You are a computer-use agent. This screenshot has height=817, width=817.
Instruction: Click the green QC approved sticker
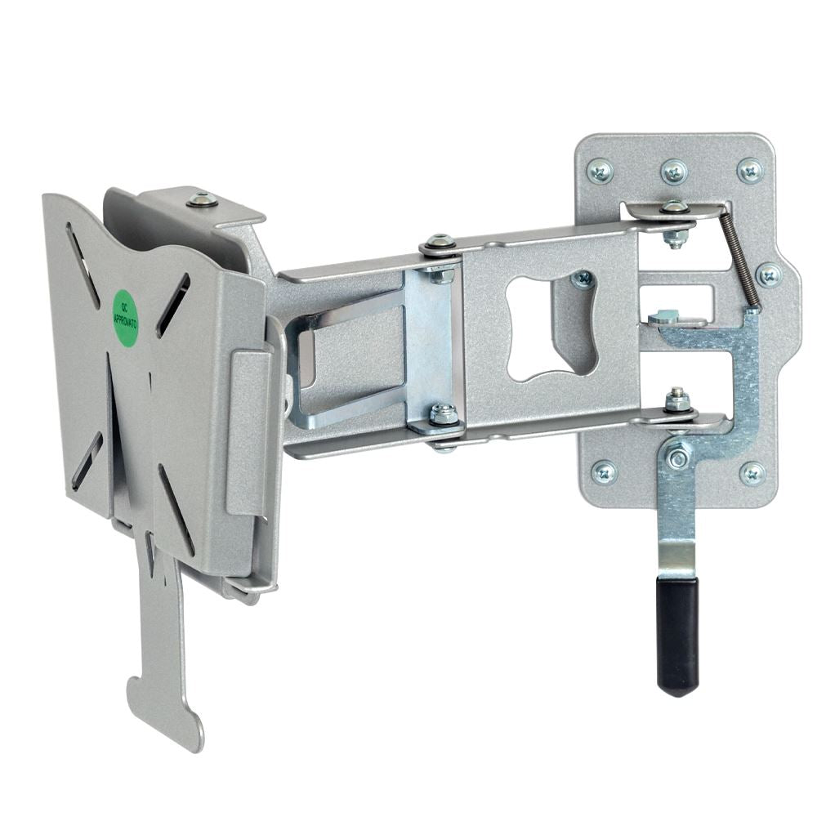(x=125, y=317)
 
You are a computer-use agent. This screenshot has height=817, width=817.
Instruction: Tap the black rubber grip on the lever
(x=678, y=633)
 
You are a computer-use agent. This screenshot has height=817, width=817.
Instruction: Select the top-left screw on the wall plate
(x=600, y=170)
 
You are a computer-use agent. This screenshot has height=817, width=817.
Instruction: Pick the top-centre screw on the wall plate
(x=674, y=171)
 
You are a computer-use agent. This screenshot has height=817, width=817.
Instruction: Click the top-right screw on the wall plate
(x=750, y=170)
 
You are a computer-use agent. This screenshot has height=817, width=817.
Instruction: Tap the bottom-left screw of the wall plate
(x=604, y=472)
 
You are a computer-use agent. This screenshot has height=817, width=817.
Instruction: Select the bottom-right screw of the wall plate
(x=752, y=473)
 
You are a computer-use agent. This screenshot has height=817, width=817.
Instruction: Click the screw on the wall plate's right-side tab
(x=769, y=275)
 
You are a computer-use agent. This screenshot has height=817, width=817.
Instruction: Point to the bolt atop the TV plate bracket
(x=202, y=199)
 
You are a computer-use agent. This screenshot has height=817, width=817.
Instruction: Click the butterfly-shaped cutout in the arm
(x=551, y=327)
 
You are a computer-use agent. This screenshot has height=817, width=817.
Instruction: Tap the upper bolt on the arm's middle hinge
(x=440, y=243)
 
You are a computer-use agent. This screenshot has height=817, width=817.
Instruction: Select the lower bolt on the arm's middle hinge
(x=444, y=414)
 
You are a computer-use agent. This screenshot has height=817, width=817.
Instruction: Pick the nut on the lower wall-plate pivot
(x=676, y=400)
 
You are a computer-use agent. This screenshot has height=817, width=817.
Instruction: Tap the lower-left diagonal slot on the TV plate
(x=87, y=462)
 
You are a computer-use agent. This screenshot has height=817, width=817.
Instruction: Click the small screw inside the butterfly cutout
(x=583, y=280)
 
